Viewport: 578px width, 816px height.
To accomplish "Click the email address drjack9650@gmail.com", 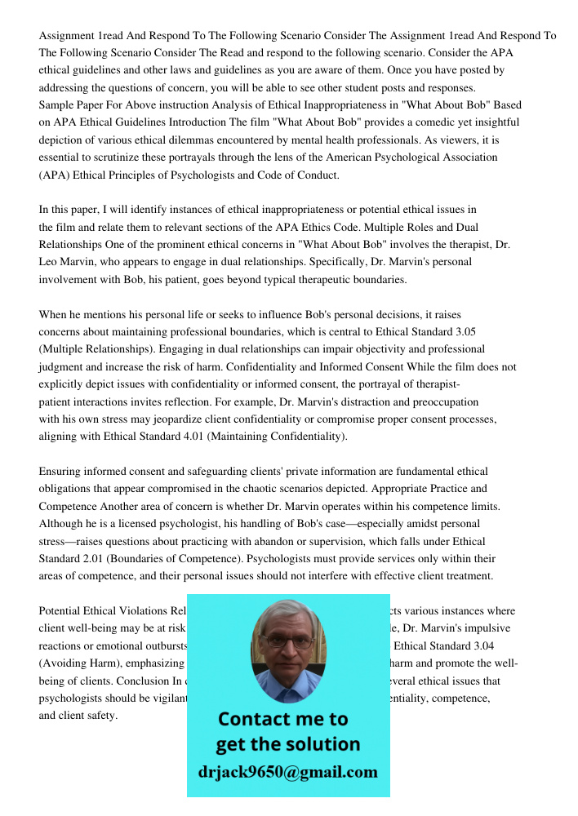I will (x=287, y=772).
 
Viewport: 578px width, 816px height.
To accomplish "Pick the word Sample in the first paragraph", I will (x=58, y=105).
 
